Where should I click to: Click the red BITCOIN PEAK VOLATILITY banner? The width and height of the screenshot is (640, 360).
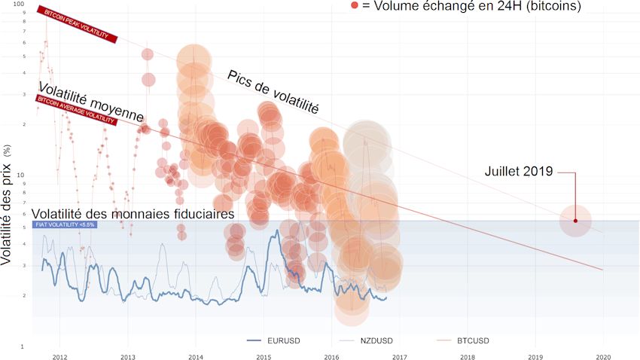point(78,25)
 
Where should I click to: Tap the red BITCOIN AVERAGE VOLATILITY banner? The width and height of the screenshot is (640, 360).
point(77,110)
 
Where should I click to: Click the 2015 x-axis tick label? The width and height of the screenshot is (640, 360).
point(263,358)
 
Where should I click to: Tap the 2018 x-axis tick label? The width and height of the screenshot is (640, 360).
point(467,358)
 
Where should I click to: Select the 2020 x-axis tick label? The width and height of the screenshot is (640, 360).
point(602,358)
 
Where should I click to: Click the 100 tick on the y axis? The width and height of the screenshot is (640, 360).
point(20,5)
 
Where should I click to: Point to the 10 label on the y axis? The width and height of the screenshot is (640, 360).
point(21,175)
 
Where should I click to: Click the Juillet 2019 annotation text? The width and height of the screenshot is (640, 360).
point(519,172)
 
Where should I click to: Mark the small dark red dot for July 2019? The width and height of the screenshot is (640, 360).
point(575,221)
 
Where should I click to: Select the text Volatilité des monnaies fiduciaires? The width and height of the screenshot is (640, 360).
point(128,214)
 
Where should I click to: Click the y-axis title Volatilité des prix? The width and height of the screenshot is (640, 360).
point(8,203)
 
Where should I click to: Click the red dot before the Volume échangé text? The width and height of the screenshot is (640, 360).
point(355,6)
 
